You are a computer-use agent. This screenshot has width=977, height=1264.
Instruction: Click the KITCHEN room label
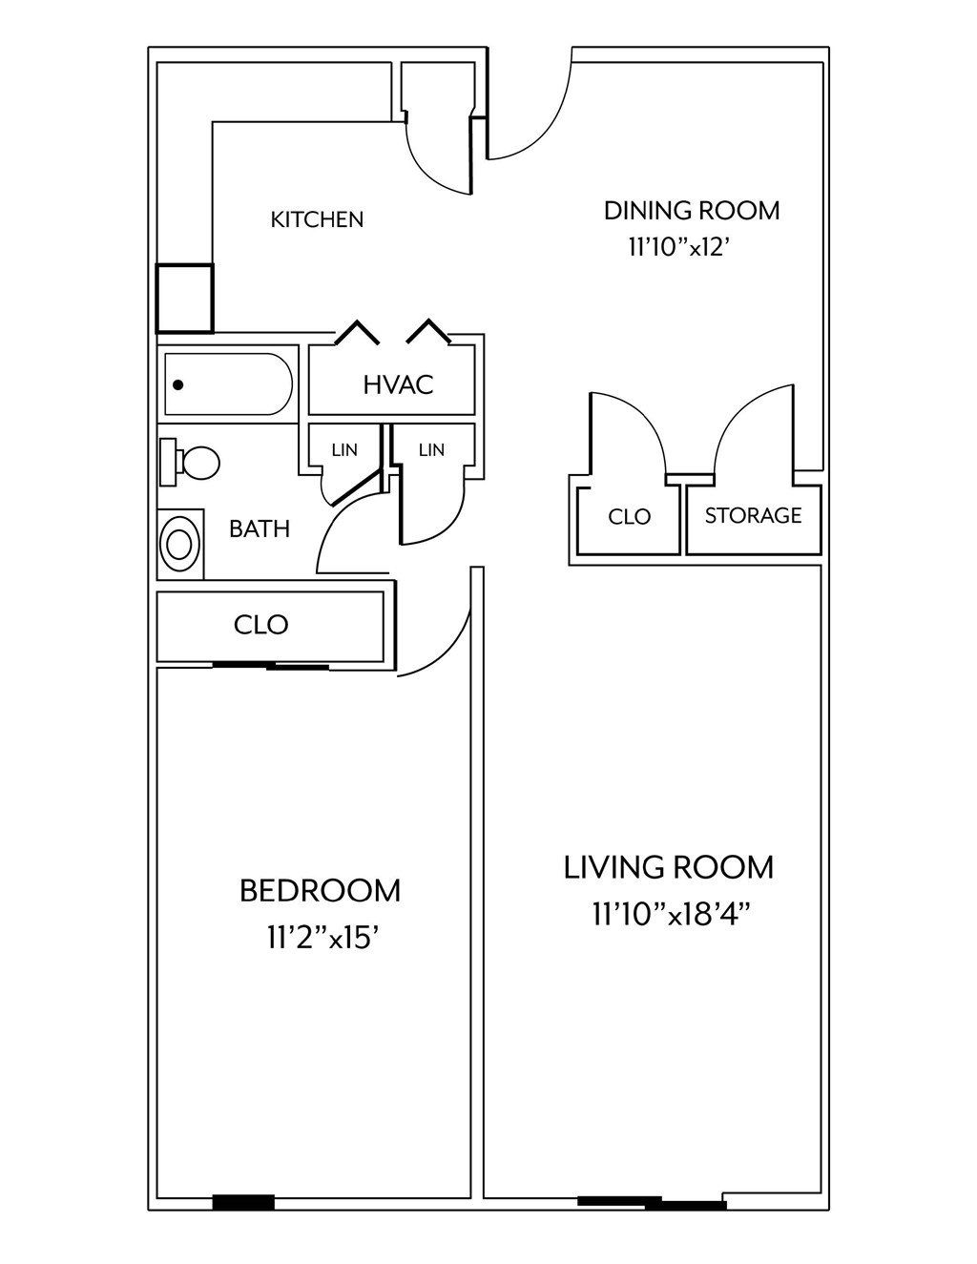click(317, 219)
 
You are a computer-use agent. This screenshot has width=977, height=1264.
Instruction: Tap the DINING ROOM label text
click(691, 210)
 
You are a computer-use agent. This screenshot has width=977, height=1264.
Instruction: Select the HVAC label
click(398, 384)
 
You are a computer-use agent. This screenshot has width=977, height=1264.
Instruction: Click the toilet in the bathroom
click(192, 463)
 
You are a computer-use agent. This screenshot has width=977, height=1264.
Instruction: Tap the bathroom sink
click(179, 544)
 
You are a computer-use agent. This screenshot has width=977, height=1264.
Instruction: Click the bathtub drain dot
click(177, 385)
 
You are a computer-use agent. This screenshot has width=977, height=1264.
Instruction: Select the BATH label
click(259, 528)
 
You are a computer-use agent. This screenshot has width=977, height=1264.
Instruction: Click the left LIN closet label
click(343, 449)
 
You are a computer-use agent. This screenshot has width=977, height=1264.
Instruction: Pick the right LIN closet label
click(431, 449)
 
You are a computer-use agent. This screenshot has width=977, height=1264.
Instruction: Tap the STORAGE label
click(753, 515)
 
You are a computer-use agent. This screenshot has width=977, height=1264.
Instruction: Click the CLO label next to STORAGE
click(629, 517)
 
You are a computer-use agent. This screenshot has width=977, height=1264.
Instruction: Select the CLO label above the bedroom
click(260, 625)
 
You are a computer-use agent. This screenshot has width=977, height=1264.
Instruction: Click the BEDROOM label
click(320, 891)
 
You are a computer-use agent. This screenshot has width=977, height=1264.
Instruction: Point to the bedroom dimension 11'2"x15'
click(324, 939)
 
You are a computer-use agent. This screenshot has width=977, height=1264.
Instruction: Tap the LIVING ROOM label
click(669, 867)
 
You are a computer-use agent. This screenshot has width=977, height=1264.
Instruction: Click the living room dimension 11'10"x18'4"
click(672, 915)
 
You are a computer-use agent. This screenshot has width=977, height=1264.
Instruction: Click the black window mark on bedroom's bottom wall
click(242, 1203)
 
